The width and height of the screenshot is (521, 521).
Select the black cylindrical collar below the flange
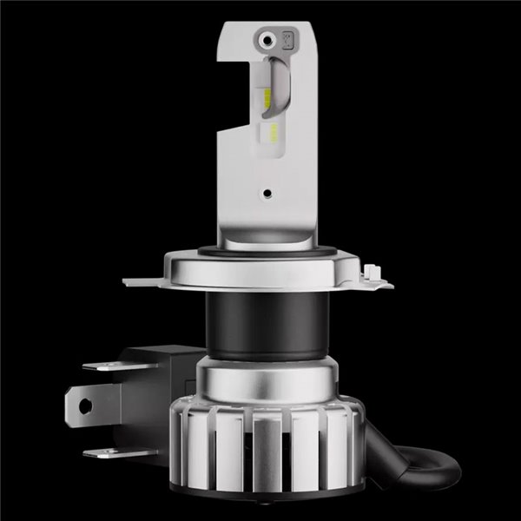(260, 321)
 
